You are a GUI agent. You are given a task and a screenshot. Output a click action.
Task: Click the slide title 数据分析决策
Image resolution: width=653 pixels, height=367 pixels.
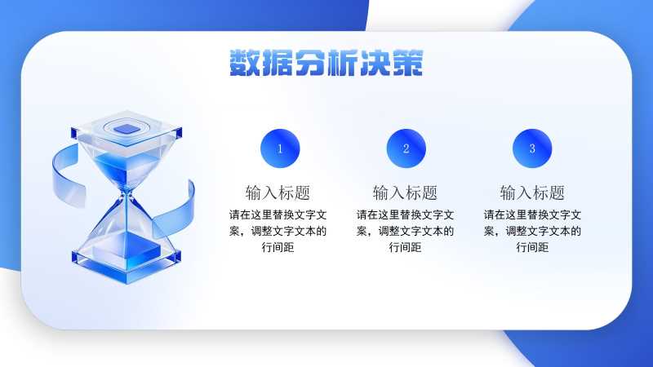326,63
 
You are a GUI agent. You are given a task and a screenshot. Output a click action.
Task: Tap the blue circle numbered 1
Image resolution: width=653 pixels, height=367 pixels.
280,148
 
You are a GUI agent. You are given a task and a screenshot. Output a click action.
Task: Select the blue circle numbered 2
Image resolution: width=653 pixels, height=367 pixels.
406,148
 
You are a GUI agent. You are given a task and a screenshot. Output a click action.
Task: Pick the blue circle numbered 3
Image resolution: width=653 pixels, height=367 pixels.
532,148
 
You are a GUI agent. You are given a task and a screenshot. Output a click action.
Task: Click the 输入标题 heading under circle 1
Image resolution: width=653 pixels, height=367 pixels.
278,192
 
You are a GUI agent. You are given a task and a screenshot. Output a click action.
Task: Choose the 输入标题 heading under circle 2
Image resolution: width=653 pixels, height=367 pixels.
405,192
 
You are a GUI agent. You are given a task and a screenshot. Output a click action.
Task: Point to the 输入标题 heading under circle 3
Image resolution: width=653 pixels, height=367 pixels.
532,192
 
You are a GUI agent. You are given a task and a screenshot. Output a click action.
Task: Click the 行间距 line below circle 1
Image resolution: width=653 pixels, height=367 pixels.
278,247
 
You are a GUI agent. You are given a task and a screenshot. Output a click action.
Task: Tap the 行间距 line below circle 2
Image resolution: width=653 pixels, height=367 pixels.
405,247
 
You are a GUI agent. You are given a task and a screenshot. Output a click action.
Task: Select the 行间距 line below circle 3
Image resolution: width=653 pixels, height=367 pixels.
533,247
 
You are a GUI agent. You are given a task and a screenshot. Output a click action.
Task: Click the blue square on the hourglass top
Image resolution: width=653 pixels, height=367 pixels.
127,129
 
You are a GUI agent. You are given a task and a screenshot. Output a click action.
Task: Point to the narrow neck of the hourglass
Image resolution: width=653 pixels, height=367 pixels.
127,193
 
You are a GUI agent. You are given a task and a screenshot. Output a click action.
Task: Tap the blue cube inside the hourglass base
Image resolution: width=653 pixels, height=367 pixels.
127,250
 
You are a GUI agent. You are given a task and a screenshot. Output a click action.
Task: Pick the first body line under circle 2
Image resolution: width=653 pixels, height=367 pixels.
405,214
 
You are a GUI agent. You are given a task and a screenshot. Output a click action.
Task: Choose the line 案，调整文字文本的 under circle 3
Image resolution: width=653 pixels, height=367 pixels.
532,231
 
